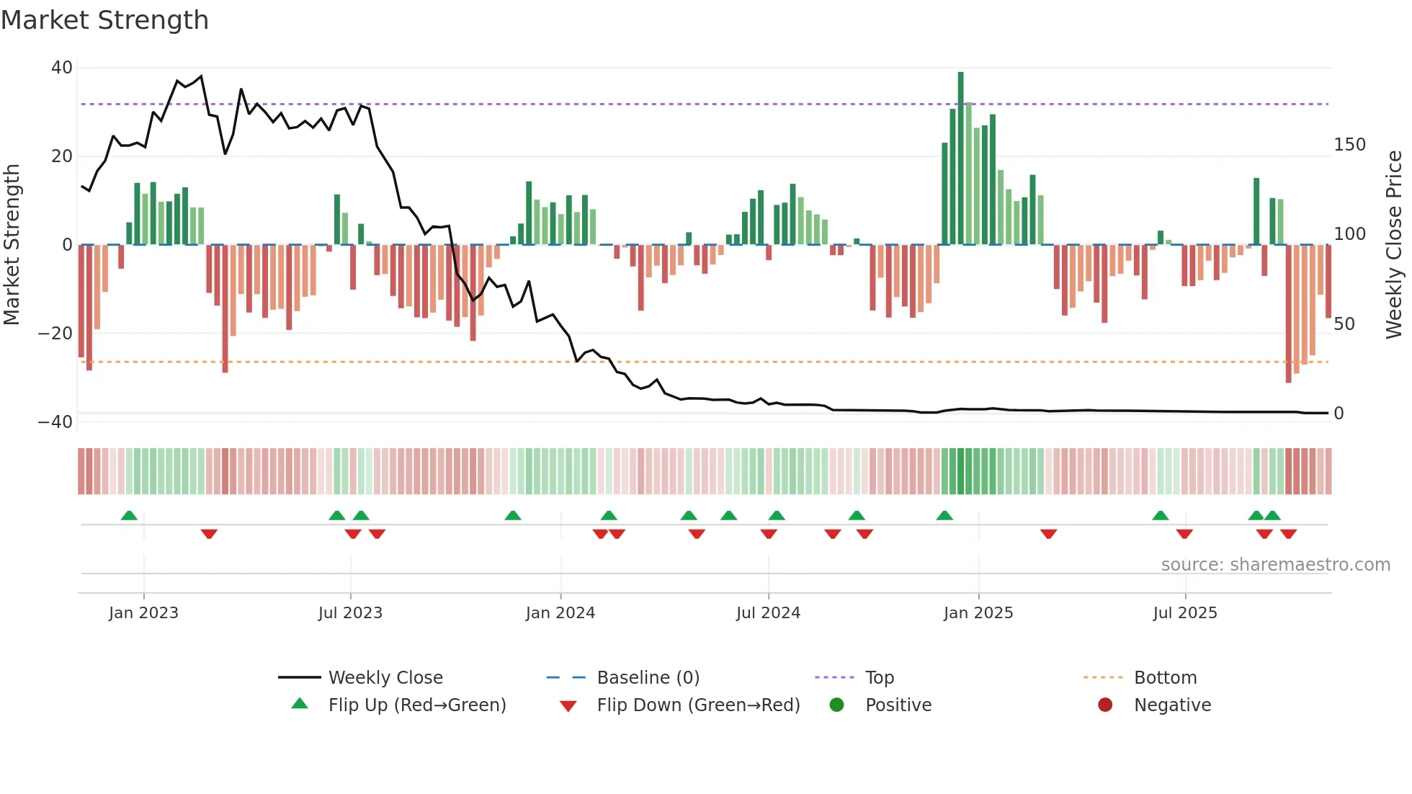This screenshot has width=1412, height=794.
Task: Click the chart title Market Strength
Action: point(105,20)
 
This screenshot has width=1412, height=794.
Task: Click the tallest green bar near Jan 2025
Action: point(960,159)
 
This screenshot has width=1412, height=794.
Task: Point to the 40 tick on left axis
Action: point(62,68)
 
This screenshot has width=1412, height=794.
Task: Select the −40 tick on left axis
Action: point(55,422)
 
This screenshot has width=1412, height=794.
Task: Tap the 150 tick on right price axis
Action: point(1349,145)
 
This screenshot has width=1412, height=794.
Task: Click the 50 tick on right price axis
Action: point(1344,324)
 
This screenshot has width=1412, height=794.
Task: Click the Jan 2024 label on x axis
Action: point(560,613)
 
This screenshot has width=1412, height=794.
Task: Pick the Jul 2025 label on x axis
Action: point(1184,613)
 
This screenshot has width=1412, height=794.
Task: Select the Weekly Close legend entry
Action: point(385,678)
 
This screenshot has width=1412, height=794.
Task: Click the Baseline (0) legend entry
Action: point(648,678)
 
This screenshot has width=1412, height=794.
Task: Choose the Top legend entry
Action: point(879,678)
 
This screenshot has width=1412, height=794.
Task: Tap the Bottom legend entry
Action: point(1165,678)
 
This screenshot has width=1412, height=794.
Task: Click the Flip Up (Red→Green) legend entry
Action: point(417,705)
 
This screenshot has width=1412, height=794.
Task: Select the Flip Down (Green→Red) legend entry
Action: point(698,705)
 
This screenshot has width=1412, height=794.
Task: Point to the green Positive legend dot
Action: point(836,705)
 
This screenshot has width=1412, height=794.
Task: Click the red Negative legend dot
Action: point(1105,705)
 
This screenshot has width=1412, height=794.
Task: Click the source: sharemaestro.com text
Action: point(1275,565)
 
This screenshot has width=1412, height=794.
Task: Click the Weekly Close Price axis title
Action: point(1394,245)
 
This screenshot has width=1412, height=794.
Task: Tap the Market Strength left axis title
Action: point(12,245)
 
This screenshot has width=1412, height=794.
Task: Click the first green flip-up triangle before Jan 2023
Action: point(129,515)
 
